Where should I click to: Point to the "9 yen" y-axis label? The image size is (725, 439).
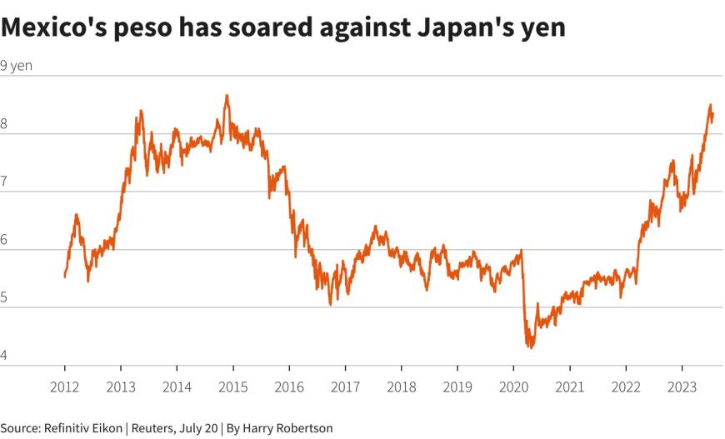(x=17, y=66)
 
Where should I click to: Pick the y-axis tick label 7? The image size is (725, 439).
(x=4, y=182)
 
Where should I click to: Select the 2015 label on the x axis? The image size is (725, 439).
(x=232, y=387)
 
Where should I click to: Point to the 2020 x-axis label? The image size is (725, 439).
(x=513, y=387)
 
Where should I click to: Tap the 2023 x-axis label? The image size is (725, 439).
(x=682, y=387)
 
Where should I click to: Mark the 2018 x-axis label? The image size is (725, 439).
(x=401, y=387)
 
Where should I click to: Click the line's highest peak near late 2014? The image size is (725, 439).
(x=226, y=96)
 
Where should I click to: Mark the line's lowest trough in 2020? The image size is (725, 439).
(x=529, y=347)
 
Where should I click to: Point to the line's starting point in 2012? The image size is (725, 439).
(x=65, y=276)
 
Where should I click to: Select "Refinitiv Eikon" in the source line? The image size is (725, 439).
(x=81, y=428)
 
